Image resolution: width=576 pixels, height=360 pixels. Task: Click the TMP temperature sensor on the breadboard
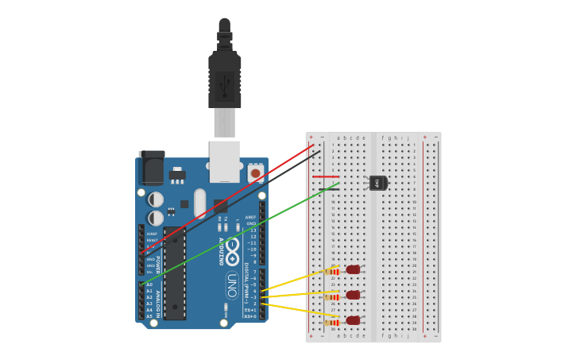click(378, 183)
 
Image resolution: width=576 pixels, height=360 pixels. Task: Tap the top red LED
click(353, 270)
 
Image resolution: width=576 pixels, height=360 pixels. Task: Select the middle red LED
click(353, 296)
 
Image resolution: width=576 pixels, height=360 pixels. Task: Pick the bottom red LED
click(353, 320)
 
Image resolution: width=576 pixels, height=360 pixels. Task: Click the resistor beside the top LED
click(332, 272)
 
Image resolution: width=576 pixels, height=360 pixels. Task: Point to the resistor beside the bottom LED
click(332, 322)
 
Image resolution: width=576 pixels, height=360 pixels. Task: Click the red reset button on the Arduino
click(255, 172)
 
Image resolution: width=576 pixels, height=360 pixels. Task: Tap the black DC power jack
click(152, 168)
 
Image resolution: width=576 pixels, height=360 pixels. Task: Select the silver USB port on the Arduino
click(225, 157)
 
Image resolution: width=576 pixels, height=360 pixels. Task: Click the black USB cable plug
click(225, 79)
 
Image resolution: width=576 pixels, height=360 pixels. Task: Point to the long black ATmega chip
click(175, 273)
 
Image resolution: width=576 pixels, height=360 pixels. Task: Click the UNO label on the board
click(231, 284)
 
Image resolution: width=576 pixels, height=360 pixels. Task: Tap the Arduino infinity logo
click(231, 252)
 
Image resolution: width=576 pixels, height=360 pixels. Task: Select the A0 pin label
click(149, 285)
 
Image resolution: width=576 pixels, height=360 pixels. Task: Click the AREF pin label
click(251, 217)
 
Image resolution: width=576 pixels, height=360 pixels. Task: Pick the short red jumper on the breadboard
click(327, 176)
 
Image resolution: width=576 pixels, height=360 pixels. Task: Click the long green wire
click(238, 234)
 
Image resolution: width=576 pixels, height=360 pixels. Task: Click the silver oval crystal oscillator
click(200, 202)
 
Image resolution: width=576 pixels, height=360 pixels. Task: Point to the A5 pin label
click(149, 316)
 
